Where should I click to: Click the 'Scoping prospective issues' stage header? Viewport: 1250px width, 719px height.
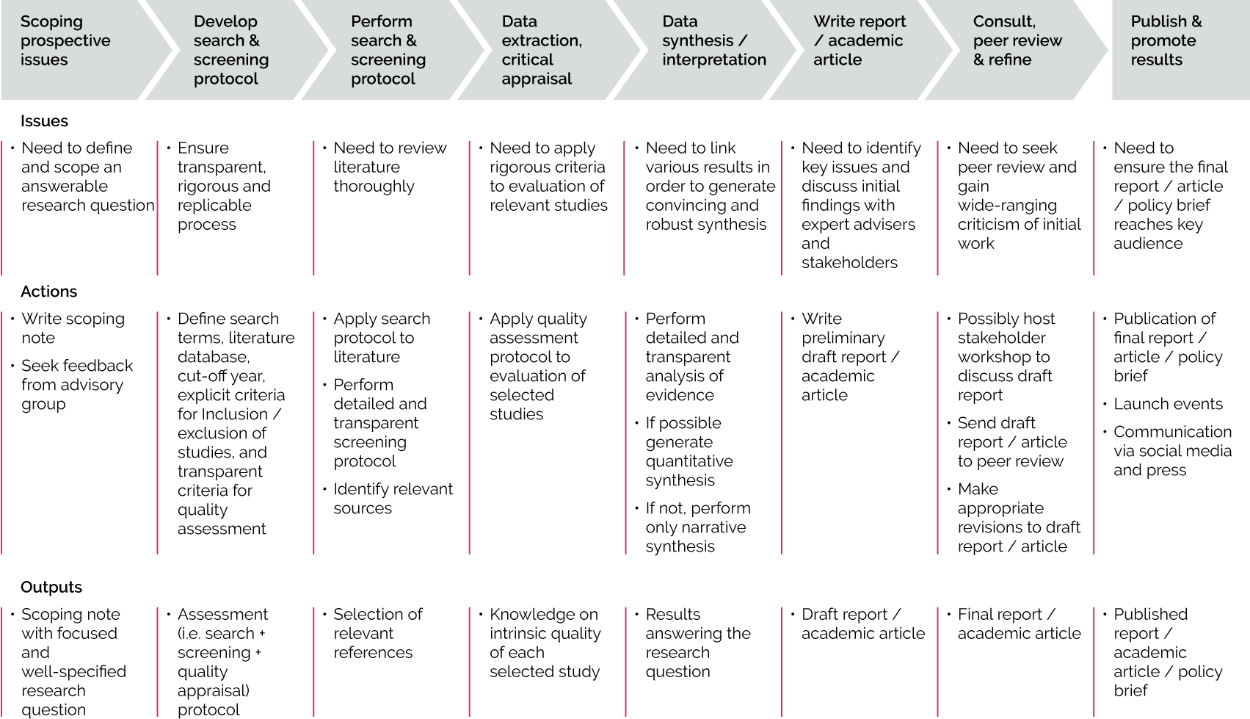pos(65,40)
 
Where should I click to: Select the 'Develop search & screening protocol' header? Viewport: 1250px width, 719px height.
pos(231,50)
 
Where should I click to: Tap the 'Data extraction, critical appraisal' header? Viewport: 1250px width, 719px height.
pos(541,50)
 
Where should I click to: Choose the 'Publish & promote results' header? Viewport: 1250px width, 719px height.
pos(1166,40)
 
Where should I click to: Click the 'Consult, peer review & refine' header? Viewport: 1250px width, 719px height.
pos(1017,40)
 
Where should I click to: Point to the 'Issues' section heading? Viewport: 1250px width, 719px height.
pos(44,121)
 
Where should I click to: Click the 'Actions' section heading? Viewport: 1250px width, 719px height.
pos(48,292)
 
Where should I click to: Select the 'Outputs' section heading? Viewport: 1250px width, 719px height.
pos(51,588)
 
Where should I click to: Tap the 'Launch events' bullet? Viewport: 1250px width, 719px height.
pos(1168,404)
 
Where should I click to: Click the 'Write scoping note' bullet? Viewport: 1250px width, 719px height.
pos(73,328)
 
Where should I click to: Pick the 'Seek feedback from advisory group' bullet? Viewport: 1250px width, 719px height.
pos(77,385)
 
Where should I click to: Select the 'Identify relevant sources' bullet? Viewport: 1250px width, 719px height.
pos(393,499)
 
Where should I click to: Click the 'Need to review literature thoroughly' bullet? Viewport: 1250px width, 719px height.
pos(390,167)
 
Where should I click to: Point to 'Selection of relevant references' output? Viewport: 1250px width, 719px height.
pos(378,634)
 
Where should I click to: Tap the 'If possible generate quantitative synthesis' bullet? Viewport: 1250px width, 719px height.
pos(689,452)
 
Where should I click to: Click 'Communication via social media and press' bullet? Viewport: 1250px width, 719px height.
pos(1172,451)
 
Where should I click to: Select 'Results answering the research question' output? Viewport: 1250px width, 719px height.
pos(698,643)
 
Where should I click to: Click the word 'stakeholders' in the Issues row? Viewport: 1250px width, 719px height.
pos(849,262)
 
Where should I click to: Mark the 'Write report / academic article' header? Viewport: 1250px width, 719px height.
pos(860,40)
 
